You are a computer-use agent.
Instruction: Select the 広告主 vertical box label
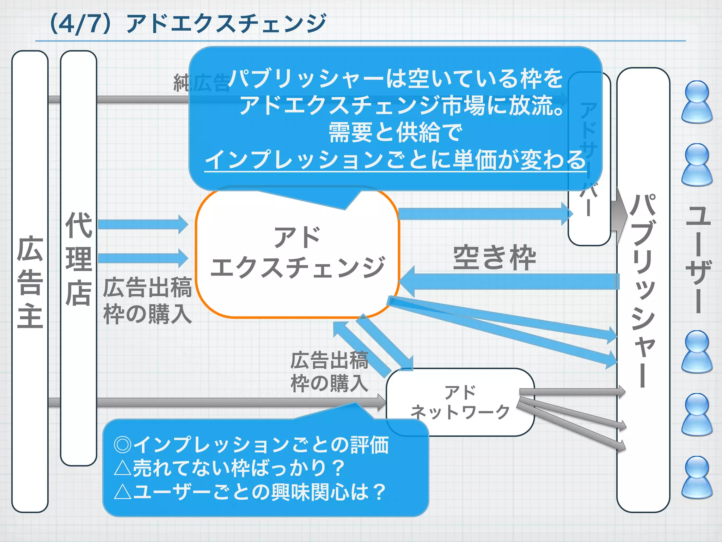tap(30, 282)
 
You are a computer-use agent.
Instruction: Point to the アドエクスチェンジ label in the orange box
tap(297, 252)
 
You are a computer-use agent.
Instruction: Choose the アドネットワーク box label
tap(460, 402)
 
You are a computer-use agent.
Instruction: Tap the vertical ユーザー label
tap(698, 259)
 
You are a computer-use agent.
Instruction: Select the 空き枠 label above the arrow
tap(494, 258)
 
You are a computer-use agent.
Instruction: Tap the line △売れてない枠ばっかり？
tap(229, 468)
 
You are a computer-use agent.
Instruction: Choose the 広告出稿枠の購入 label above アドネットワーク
tap(329, 372)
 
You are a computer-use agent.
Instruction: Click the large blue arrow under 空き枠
tap(509, 282)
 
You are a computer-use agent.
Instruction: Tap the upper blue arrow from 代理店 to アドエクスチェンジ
tap(143, 224)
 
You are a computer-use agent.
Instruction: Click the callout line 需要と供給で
tap(395, 133)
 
